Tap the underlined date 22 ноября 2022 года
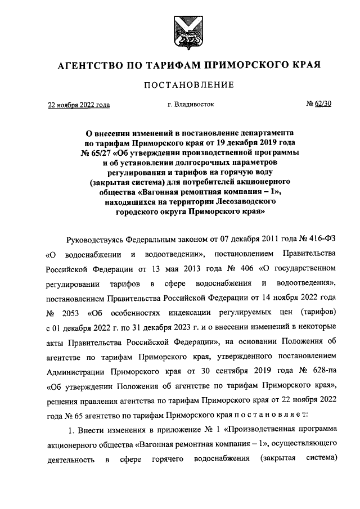coord(78,105)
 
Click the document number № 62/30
coord(318,104)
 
